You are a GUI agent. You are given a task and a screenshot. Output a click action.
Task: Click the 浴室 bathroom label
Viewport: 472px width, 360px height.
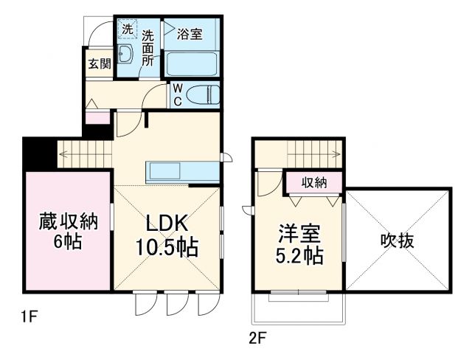click(x=191, y=34)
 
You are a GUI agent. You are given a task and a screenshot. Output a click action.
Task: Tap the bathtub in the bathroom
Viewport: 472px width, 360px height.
click(x=191, y=63)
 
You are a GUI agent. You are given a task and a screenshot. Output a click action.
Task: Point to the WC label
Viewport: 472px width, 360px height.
click(x=178, y=95)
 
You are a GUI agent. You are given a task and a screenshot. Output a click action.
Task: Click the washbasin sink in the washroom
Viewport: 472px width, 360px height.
click(x=125, y=55)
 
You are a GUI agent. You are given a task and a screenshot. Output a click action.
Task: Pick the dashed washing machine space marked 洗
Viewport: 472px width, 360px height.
click(x=127, y=30)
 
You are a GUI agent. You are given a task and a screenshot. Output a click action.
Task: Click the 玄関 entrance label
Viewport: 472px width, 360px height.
click(x=100, y=63)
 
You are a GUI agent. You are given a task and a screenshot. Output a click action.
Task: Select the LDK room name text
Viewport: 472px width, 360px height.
click(x=167, y=224)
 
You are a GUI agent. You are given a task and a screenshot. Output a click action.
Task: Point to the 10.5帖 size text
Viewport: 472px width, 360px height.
click(x=167, y=248)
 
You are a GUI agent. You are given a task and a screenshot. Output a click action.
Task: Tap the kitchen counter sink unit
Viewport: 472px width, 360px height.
click(x=183, y=171)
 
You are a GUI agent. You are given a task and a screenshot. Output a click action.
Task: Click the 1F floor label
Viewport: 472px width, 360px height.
click(x=29, y=319)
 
